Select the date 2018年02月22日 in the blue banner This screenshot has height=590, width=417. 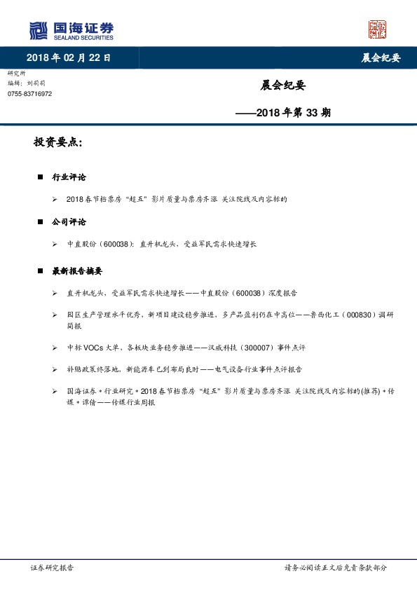click(68, 58)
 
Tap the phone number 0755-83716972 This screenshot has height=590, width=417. click(29, 93)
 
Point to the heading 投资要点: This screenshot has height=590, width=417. click(58, 142)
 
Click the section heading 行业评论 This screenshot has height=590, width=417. click(69, 177)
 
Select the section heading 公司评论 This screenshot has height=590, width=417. click(69, 221)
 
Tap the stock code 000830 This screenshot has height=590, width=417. click(361, 315)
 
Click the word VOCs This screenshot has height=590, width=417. click(98, 348)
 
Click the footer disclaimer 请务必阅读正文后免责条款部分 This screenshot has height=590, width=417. click(335, 568)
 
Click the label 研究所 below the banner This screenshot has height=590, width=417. click(16, 74)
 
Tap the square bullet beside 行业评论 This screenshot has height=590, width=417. click(41, 177)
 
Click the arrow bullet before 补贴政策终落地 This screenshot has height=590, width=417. click(55, 369)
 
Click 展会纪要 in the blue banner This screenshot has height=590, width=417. click(381, 58)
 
